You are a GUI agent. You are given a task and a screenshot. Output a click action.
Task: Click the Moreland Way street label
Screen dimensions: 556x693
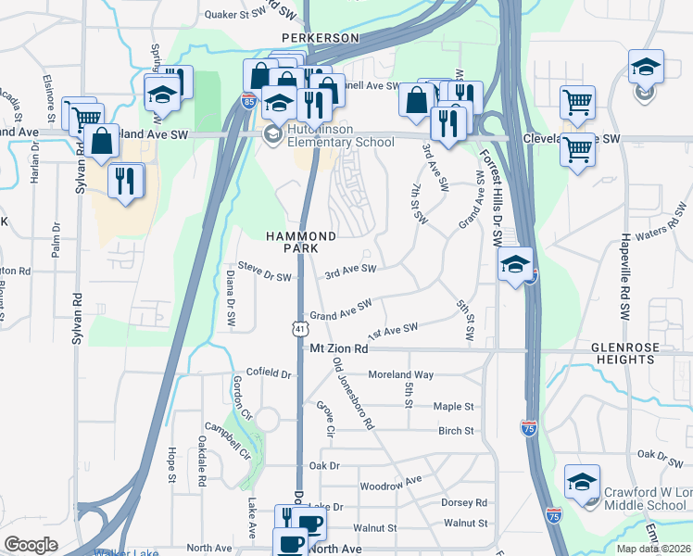pos(400,374)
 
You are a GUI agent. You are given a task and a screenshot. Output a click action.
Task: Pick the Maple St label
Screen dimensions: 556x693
pos(453,407)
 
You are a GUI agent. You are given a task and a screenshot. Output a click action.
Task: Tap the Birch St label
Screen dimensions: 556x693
pos(455,431)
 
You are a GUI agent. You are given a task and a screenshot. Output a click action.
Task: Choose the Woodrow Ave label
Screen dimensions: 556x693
pos(390,484)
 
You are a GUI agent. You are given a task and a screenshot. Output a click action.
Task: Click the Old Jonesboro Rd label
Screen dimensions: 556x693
pos(353,392)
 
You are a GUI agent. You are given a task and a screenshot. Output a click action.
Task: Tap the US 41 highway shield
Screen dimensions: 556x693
pos(299,329)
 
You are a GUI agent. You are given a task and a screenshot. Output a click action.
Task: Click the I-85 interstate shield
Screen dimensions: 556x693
pos(249,102)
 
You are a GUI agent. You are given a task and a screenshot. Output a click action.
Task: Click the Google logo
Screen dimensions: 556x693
pos(31,545)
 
